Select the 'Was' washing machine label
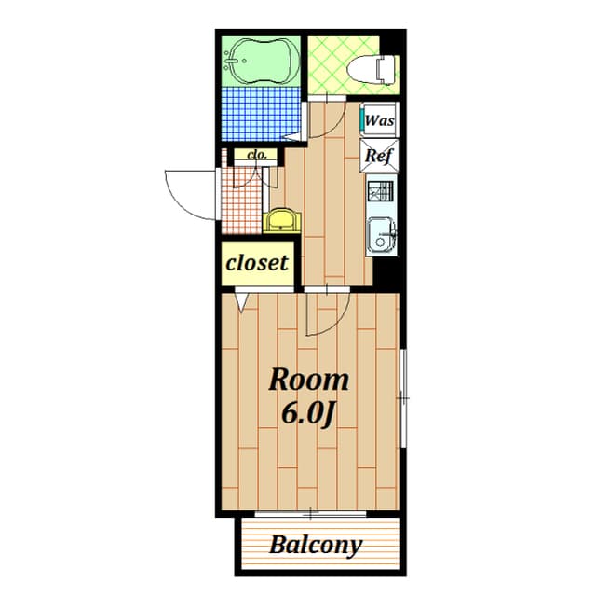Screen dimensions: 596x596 [x=379, y=120]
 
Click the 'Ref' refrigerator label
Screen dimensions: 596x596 [x=379, y=156]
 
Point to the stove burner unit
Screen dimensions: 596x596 [x=381, y=190]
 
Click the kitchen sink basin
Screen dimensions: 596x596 [x=381, y=236]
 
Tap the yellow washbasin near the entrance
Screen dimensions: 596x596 [x=281, y=220]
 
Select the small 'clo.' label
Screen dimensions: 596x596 [x=257, y=155]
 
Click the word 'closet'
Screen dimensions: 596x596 [x=257, y=263]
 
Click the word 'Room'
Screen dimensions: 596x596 [x=308, y=381]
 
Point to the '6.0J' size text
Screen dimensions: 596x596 [x=308, y=414]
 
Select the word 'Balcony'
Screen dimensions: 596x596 [x=316, y=545]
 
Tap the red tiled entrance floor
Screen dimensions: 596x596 [x=242, y=201]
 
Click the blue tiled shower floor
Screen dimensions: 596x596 [x=263, y=114]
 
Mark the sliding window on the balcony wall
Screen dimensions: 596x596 [x=310, y=514]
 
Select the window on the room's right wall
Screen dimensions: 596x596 [x=403, y=398]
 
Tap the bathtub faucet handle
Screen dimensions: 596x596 [x=231, y=61]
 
